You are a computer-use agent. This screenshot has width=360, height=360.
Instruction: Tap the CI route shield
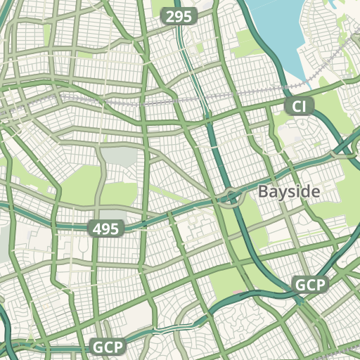[300, 107]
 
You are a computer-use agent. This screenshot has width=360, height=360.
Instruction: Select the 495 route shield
[107, 228]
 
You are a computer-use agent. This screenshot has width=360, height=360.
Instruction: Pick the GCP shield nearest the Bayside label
[310, 285]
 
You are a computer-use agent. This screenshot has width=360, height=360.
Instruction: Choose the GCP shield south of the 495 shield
[108, 347]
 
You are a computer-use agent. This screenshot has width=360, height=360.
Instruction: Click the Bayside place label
[289, 191]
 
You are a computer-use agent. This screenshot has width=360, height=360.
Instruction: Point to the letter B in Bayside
[263, 191]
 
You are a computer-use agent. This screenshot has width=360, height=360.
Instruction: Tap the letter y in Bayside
[282, 193]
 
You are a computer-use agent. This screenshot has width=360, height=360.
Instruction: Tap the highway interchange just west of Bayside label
[230, 199]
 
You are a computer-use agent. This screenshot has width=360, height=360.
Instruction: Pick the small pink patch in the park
[239, 289]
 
